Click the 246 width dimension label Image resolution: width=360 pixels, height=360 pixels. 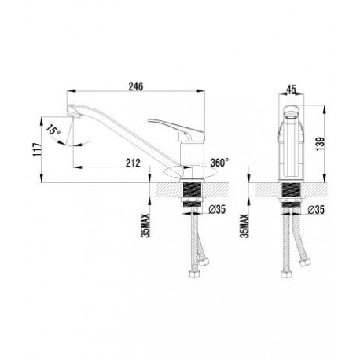136,86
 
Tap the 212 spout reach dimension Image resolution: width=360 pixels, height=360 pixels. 133,163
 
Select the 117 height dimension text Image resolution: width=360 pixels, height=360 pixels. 38,150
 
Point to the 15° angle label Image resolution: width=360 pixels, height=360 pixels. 53,130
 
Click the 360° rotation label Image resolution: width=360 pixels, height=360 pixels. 219,163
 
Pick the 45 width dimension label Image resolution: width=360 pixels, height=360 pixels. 291,90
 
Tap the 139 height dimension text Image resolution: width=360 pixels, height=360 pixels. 321,144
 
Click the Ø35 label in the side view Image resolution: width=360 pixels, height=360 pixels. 217,209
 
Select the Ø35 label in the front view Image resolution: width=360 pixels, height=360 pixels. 316,209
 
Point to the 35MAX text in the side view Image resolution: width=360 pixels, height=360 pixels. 145,226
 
